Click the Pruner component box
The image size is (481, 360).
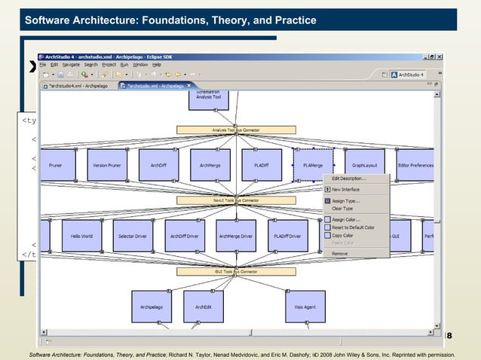pos(56,164)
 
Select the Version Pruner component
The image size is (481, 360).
pos(107,164)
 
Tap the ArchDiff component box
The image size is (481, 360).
pos(158,164)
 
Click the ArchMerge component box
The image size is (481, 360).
pos(210,164)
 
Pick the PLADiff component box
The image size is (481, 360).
pos(261,164)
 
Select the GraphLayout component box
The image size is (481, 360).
pos(365,164)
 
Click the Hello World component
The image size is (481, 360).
pos(81,235)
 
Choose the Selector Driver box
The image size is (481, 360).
pos(133,235)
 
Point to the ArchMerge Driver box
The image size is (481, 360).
pos(235,235)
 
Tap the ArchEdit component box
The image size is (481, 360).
pos(204,307)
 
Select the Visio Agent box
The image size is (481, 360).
pos(305,307)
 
